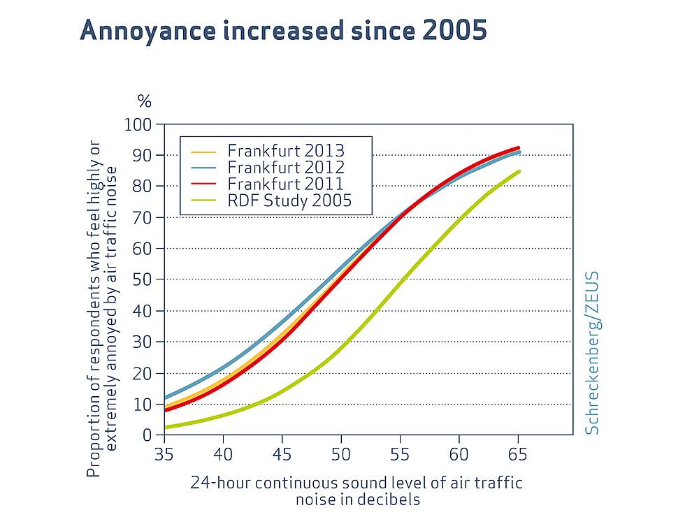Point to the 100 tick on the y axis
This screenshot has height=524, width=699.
tap(138, 124)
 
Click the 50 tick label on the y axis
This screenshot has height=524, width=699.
tap(143, 279)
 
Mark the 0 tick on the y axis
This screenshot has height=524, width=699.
tap(147, 435)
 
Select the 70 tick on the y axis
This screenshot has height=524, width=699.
tap(143, 217)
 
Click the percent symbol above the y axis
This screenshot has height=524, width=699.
tap(144, 101)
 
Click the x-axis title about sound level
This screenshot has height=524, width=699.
tap(356, 490)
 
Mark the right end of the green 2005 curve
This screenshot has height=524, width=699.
tap(519, 171)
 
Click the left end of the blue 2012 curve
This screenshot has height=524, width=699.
tap(165, 398)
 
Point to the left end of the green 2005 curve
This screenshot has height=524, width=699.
tap(165, 427)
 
